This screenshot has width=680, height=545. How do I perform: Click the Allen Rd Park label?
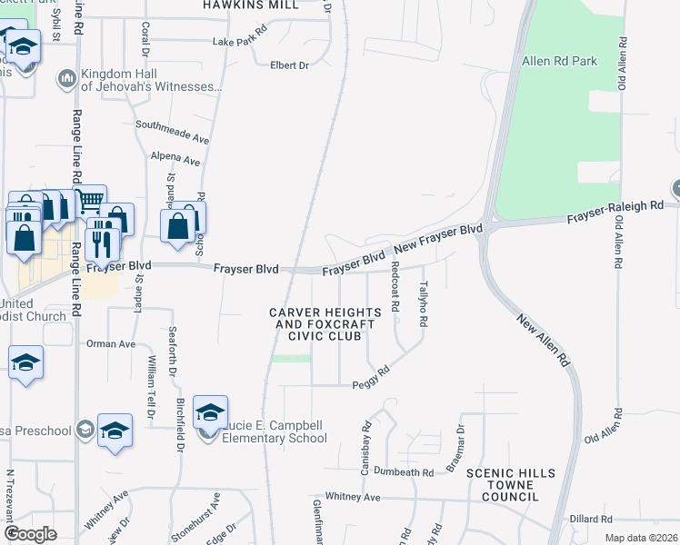click(560, 62)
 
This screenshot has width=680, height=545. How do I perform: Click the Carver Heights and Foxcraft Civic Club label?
click(315, 324)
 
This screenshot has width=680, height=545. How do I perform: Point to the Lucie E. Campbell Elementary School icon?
click(210, 412)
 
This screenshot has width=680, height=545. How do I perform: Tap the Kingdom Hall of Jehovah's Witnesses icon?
click(66, 79)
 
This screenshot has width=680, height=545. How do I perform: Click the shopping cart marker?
click(90, 201)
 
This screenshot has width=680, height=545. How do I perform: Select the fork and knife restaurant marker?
click(102, 243)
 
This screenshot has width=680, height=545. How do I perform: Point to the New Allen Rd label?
click(545, 340)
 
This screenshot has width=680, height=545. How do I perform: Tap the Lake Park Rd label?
click(239, 42)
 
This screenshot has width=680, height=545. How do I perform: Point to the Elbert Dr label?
click(290, 65)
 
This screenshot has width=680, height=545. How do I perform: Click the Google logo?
click(31, 533)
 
